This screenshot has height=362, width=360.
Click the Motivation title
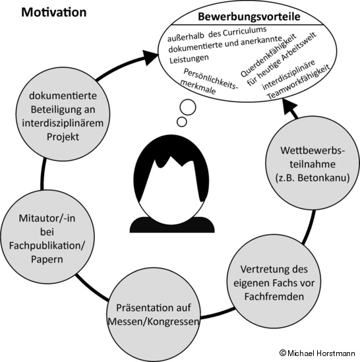(54, 13)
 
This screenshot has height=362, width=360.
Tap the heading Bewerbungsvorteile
(249, 16)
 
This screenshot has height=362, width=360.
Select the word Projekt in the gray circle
(63, 137)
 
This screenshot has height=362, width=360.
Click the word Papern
(47, 259)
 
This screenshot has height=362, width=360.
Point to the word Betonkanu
(323, 178)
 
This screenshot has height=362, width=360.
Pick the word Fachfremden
(274, 297)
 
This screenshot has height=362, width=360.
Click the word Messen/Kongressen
(154, 322)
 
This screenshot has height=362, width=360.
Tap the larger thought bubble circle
(188, 107)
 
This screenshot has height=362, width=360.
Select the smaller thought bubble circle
(182, 122)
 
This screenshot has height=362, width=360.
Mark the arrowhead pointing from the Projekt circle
(150, 58)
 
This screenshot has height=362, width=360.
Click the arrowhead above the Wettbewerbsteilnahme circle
(289, 107)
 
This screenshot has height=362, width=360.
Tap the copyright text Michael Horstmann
(317, 353)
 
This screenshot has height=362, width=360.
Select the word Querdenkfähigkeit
(268, 55)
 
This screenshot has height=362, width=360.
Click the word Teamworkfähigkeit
(299, 82)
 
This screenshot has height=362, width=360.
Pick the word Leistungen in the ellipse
(189, 59)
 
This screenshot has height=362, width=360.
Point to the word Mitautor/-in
(47, 218)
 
